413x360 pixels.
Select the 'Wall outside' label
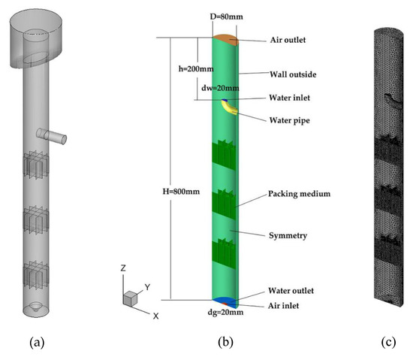point(291,74)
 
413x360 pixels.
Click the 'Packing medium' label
point(300,194)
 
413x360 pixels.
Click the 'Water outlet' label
point(291,290)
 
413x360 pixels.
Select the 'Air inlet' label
point(285,305)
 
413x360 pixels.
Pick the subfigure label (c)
point(388,343)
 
